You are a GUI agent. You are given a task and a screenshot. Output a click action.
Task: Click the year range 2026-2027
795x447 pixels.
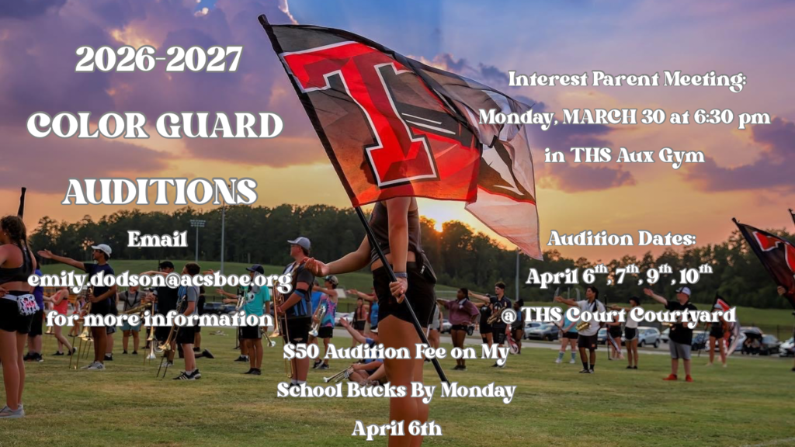tap(158, 59)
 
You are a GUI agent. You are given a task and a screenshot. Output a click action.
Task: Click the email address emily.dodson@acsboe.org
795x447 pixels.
tap(159, 280)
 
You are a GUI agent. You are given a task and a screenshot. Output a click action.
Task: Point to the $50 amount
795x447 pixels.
tap(298, 352)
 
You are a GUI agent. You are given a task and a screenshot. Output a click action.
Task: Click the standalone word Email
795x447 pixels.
tap(158, 239)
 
